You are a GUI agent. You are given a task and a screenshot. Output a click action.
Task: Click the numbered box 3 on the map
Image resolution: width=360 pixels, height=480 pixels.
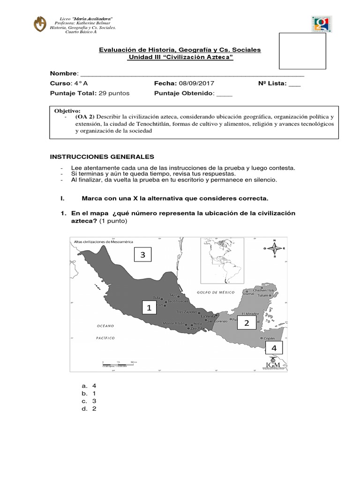[143, 255]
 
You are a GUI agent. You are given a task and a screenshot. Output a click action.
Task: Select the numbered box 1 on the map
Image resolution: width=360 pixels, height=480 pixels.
[149, 308]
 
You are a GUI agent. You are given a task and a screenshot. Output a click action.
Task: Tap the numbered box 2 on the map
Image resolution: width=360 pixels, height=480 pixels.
[247, 323]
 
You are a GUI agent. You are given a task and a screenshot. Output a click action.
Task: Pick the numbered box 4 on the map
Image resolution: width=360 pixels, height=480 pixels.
[274, 348]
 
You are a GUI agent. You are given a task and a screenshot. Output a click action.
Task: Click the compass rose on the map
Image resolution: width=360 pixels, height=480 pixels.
[275, 249]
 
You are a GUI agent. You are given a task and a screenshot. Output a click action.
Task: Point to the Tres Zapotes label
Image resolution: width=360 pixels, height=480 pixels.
[187, 312]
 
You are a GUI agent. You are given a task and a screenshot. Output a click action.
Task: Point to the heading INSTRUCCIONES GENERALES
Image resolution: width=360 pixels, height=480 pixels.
[102, 156]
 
